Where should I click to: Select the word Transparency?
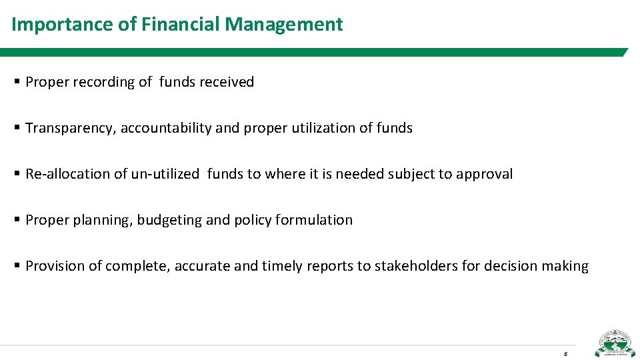[71, 128]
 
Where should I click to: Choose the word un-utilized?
[165, 174]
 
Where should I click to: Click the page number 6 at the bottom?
[565, 353]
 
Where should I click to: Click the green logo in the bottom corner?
[615, 343]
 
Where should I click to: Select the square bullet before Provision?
[17, 265]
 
